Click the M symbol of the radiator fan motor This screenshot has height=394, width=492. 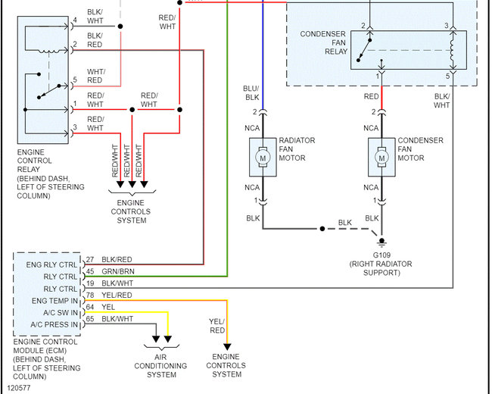point(263,158)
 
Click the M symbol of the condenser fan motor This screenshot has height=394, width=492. point(381,158)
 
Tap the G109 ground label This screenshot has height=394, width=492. point(381,255)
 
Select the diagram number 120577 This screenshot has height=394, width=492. point(19,388)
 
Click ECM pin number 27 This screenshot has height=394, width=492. point(90,260)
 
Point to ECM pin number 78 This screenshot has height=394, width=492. point(90,295)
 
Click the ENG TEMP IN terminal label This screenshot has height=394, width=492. point(54,301)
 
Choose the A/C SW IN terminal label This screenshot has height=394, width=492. point(61,313)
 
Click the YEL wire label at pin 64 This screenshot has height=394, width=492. point(108,307)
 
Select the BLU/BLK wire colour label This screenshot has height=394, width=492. point(251,93)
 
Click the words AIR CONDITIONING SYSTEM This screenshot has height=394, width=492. point(160,366)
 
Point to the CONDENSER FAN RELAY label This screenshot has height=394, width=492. point(324,42)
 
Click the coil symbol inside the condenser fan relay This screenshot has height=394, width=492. point(452,50)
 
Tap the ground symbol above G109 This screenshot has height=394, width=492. point(381,242)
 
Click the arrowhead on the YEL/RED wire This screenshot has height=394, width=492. point(227,347)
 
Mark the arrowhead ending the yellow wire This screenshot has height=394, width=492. point(168,339)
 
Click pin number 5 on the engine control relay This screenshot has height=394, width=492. point(75,80)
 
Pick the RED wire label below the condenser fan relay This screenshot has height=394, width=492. point(371,96)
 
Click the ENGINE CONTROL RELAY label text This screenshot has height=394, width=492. point(35,161)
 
